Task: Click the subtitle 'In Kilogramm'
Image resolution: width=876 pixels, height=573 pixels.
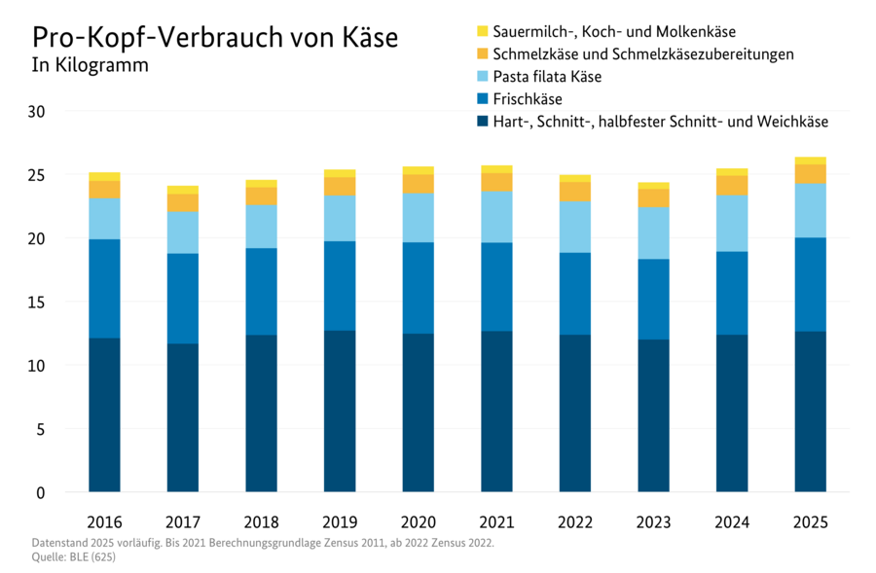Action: [91, 67]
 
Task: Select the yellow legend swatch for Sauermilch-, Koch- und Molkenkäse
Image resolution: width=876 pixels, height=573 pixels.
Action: [482, 32]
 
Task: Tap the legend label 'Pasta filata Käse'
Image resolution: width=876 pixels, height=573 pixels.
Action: [547, 77]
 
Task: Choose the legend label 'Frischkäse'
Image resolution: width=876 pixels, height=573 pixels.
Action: [528, 99]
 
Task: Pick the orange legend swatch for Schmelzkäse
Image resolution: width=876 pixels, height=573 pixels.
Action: [482, 54]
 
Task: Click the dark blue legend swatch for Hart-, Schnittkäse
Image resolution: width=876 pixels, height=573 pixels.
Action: [482, 122]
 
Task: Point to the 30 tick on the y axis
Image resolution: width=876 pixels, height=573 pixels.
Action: [36, 112]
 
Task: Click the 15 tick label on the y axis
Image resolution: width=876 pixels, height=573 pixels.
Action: [36, 303]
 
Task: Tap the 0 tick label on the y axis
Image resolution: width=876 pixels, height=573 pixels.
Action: [41, 493]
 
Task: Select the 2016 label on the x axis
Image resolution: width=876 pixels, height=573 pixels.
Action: [104, 522]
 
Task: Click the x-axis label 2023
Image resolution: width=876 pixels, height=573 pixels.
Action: [653, 522]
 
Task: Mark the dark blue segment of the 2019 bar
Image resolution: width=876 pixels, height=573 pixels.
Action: [340, 411]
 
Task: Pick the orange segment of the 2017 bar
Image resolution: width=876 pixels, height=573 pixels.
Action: [183, 201]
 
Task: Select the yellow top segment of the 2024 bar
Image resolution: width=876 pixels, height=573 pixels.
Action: [732, 171]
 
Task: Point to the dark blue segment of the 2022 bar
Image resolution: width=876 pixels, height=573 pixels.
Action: [574, 412]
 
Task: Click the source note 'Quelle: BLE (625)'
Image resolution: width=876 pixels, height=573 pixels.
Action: [67, 557]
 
